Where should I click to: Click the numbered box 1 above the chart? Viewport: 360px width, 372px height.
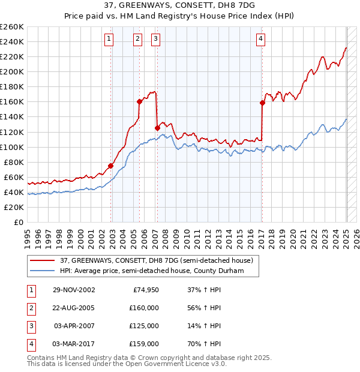pos(109,40)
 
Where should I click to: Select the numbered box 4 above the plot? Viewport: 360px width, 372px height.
pos(261,40)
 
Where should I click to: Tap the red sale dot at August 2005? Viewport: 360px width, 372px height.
pos(139,101)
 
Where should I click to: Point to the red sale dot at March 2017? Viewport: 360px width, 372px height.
pos(262,103)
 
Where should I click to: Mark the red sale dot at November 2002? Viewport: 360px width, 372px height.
pos(111,166)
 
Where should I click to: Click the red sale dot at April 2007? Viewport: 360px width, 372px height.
pos(157,128)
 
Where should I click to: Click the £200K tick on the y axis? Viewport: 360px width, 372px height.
pos(12,71)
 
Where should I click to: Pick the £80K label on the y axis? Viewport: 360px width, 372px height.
pos(14,162)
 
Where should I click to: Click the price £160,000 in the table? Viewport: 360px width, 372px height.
pos(144,308)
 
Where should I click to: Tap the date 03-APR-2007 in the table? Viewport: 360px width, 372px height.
pos(74,326)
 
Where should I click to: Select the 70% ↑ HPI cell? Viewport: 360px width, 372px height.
pos(205,344)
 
